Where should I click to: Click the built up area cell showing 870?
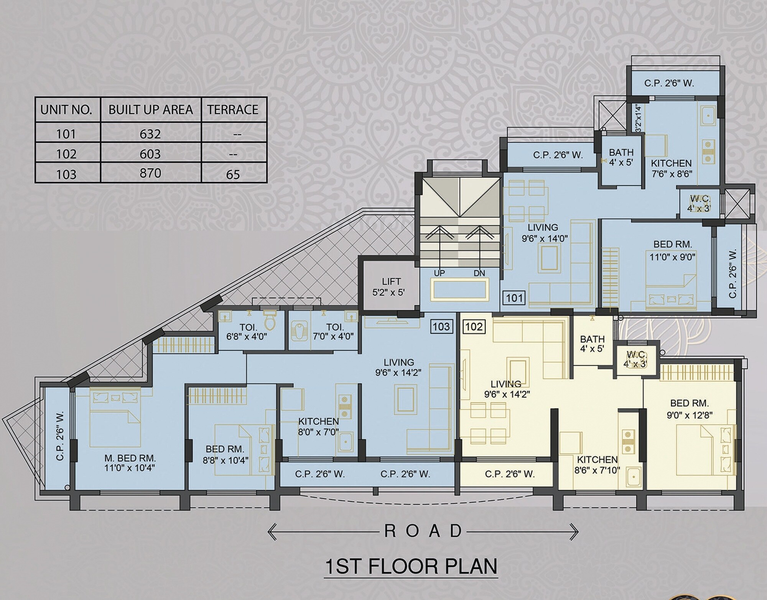pyautogui.click(x=150, y=173)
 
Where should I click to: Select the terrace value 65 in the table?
pyautogui.click(x=233, y=174)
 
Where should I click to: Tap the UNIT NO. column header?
pyautogui.click(x=66, y=110)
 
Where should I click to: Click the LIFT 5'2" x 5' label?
pyautogui.click(x=389, y=287)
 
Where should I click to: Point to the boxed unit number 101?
pyautogui.click(x=514, y=298)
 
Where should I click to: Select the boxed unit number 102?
pyautogui.click(x=474, y=327)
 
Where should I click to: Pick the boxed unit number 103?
pyautogui.click(x=441, y=327)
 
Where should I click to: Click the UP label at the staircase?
pyautogui.click(x=439, y=273)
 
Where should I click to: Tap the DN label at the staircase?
pyautogui.click(x=479, y=273)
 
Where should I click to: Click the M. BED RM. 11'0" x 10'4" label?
pyautogui.click(x=130, y=463)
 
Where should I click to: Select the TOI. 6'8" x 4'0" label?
pyautogui.click(x=247, y=332)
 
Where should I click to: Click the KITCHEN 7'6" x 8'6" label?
pyautogui.click(x=672, y=168)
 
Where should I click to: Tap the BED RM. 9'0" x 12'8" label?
pyautogui.click(x=690, y=409)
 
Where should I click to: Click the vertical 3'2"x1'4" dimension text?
pyautogui.click(x=639, y=118)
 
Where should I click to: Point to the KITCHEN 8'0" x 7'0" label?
pyautogui.click(x=318, y=426)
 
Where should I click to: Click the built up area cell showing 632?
pyautogui.click(x=150, y=134)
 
